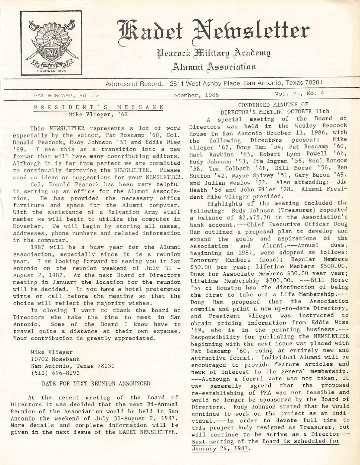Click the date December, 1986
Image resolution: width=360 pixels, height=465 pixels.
click(194, 95)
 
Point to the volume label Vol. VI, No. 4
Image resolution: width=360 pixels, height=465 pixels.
click(299, 94)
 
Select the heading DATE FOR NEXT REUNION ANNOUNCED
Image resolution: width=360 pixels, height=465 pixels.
click(96, 383)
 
